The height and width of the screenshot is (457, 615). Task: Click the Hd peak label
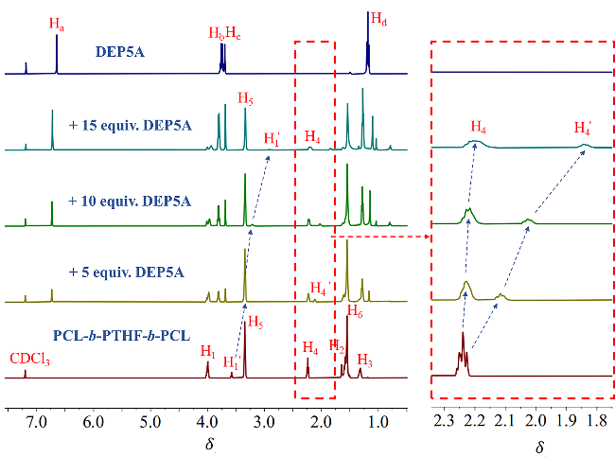coord(378,18)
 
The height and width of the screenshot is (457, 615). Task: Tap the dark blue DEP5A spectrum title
coord(125,53)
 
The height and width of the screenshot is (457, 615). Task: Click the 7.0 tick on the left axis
coord(36,421)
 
